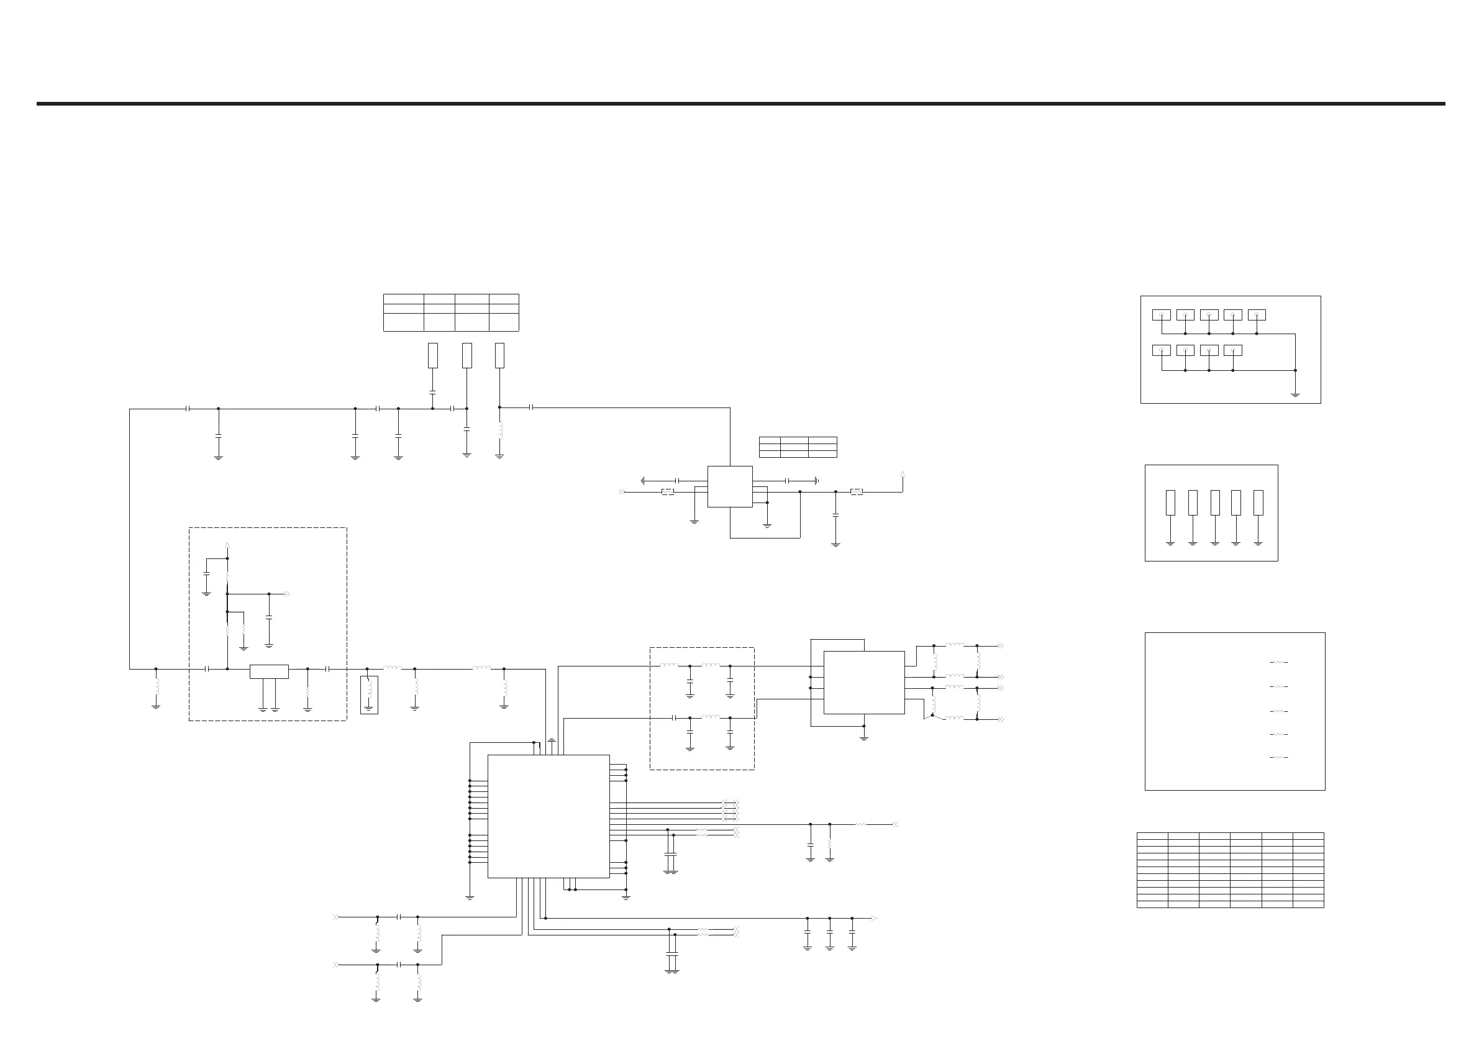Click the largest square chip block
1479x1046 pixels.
(x=548, y=816)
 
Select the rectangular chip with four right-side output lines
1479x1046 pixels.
(x=864, y=682)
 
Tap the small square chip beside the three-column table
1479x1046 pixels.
(x=730, y=486)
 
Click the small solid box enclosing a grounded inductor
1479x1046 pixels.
(x=369, y=695)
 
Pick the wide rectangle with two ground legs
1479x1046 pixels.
(x=268, y=671)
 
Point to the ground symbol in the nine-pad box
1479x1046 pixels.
(x=1295, y=394)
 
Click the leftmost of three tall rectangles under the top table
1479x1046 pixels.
(x=433, y=355)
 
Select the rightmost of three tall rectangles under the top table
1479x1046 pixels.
(x=499, y=355)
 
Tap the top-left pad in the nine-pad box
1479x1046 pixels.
(x=1162, y=315)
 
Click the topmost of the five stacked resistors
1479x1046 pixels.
(x=1278, y=662)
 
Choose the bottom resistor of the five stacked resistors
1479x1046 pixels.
(x=1278, y=757)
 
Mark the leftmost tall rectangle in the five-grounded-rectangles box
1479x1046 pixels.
(x=1170, y=503)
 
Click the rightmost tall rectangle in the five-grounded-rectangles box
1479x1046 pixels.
(x=1258, y=503)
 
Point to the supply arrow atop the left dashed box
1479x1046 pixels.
(x=227, y=545)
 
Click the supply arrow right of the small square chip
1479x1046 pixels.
(x=903, y=475)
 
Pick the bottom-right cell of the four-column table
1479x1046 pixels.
(x=504, y=322)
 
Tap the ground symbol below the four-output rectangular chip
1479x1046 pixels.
(x=864, y=737)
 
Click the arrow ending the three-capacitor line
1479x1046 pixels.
(x=874, y=919)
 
